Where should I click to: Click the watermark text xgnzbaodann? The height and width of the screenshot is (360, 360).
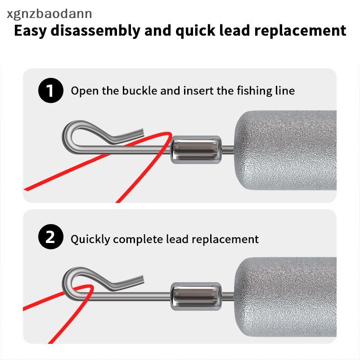pyautogui.click(x=49, y=14)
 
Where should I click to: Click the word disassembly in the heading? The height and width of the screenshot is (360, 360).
pyautogui.click(x=95, y=31)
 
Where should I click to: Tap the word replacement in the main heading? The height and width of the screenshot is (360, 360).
pyautogui.click(x=300, y=31)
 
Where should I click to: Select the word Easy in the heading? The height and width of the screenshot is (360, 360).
pyautogui.click(x=30, y=31)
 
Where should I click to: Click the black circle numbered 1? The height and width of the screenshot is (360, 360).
pyautogui.click(x=51, y=90)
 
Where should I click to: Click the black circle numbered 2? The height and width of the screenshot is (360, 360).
pyautogui.click(x=51, y=237)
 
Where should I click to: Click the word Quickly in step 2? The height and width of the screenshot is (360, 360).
pyautogui.click(x=90, y=239)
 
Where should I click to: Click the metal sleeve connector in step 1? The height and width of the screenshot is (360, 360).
pyautogui.click(x=196, y=149)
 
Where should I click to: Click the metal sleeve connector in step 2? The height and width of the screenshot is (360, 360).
pyautogui.click(x=196, y=296)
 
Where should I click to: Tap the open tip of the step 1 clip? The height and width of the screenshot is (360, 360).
pyautogui.click(x=143, y=133)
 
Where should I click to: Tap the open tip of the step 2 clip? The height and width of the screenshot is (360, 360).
pyautogui.click(x=142, y=279)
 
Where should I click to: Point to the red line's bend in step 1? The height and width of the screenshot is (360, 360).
pyautogui.click(x=170, y=134)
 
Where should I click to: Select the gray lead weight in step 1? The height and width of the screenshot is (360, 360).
pyautogui.click(x=285, y=150)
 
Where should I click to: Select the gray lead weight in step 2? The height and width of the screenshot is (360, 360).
pyautogui.click(x=285, y=297)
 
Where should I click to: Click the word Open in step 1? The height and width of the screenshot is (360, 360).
pyautogui.click(x=85, y=91)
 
